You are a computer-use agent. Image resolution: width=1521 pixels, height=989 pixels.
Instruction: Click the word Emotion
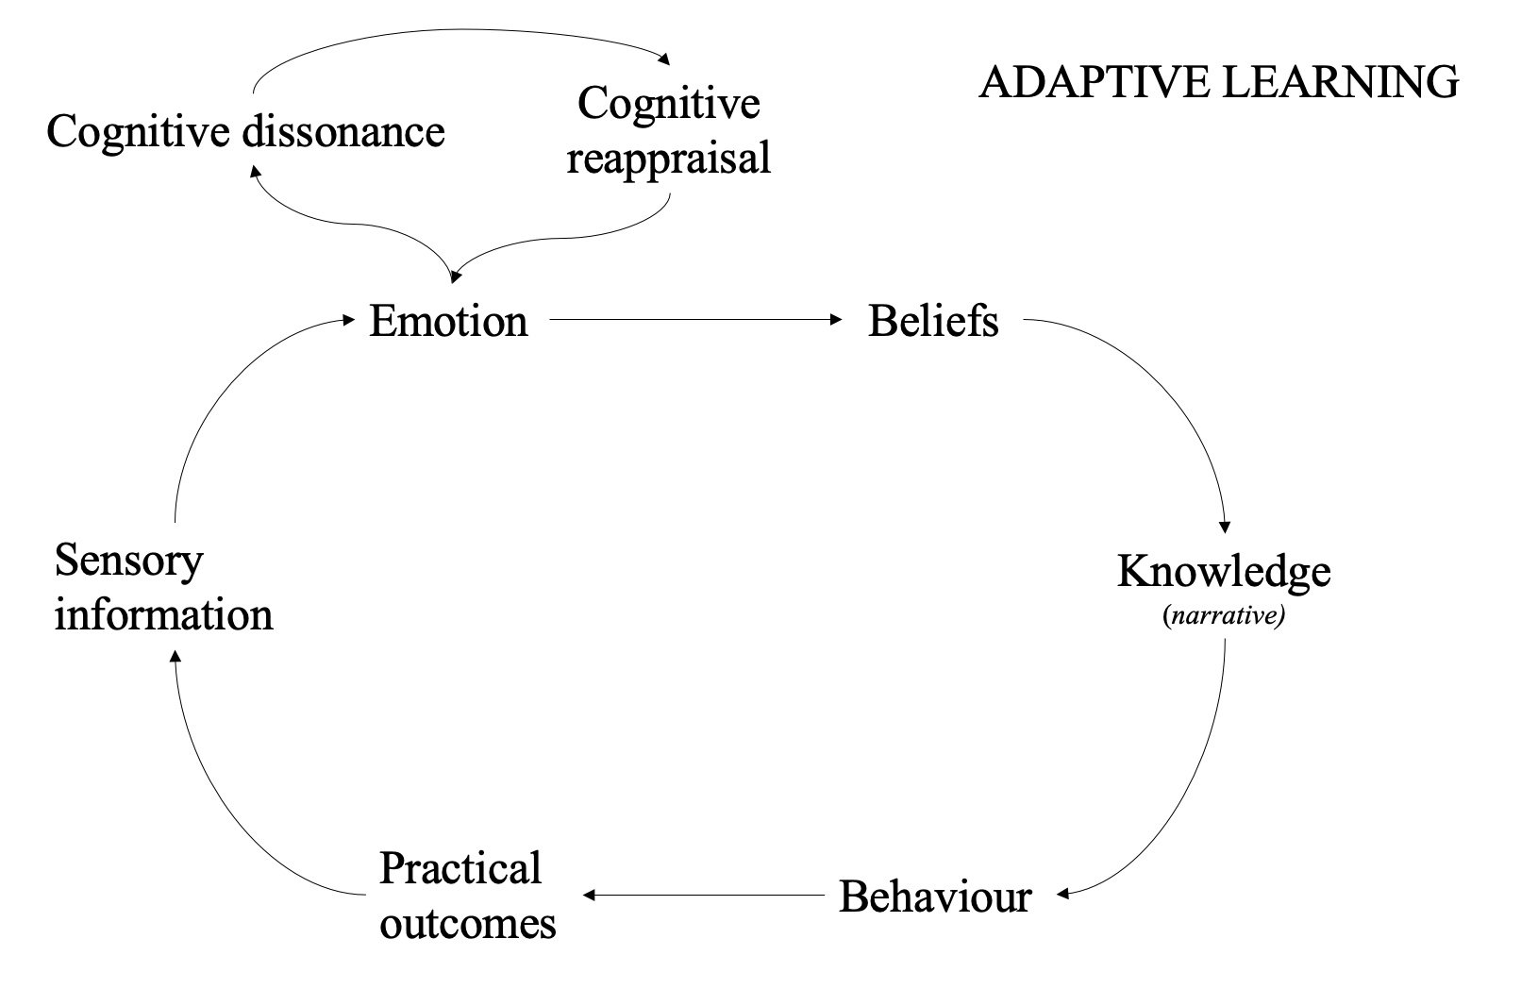point(447,321)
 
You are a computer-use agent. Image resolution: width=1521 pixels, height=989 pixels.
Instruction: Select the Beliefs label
point(932,321)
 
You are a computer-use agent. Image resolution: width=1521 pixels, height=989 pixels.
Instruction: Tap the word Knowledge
point(1224,572)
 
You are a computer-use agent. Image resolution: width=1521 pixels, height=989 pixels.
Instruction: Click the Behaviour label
point(935,897)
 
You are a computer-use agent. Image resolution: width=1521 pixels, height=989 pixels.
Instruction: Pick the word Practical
point(460,869)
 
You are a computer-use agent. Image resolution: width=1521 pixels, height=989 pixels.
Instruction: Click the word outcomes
point(468,923)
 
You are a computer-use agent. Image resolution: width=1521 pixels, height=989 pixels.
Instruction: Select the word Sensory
point(128,561)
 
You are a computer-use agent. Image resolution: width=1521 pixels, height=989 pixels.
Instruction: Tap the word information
point(163,615)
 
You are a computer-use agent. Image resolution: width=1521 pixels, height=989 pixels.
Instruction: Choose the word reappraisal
point(669,158)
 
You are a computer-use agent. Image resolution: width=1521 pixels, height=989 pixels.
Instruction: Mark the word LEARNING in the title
point(1340,83)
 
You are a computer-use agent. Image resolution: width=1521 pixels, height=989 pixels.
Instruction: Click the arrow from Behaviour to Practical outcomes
point(708,895)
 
